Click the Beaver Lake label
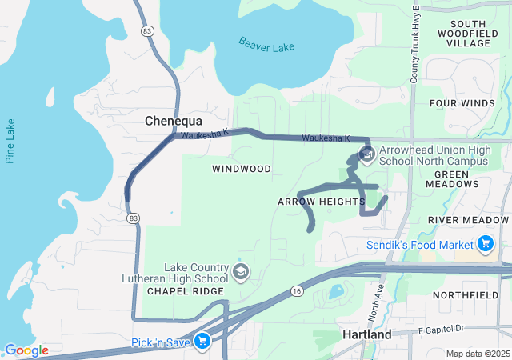[266, 46]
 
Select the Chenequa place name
[172, 121]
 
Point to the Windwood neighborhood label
[242, 169]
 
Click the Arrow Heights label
[321, 202]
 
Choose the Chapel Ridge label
[178, 291]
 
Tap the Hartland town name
[366, 334]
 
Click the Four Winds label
[462, 104]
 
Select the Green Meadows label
[462, 179]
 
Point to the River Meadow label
[468, 219]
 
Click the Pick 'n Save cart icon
[202, 342]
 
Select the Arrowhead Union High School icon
[367, 154]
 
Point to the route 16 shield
[297, 291]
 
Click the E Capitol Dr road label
[441, 329]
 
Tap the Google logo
[26, 350]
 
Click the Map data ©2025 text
[477, 354]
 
